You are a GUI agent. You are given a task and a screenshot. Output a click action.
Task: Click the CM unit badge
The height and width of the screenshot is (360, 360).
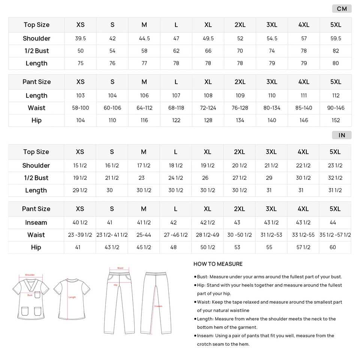pos(342,9)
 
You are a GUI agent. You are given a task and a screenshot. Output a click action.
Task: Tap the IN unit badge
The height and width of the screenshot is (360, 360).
pos(342,135)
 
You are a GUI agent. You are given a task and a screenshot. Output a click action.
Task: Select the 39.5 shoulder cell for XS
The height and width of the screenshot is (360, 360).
pos(81,39)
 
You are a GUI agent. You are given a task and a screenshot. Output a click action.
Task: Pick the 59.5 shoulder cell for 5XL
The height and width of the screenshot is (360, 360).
pos(336,39)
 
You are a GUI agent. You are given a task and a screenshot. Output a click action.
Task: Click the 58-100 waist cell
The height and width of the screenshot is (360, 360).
pos(81,108)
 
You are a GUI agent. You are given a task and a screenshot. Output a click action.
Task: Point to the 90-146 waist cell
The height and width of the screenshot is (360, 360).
pos(336,108)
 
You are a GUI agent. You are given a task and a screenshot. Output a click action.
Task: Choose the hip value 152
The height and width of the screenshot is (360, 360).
pos(336,120)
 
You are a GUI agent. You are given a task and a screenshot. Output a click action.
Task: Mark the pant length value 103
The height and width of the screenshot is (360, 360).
pos(81,96)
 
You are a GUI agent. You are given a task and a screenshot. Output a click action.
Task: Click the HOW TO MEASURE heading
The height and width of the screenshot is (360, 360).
pos(218,264)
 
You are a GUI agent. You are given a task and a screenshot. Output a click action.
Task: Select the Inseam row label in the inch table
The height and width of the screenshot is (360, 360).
pos(36,223)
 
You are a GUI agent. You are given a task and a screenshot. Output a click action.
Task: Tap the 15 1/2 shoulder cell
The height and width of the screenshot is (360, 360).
pos(80,166)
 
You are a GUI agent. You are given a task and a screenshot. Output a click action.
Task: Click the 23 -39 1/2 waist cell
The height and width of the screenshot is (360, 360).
pos(80,235)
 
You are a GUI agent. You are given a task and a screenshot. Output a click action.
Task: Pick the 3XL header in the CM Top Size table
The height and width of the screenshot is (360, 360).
pos(272,25)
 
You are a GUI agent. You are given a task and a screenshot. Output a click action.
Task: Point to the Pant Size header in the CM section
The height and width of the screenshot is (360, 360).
pos(36,82)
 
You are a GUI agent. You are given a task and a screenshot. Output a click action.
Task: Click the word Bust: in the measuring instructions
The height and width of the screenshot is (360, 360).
pos(203,277)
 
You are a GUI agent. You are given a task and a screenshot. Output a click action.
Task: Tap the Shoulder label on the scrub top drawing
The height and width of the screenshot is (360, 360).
pos(30,275)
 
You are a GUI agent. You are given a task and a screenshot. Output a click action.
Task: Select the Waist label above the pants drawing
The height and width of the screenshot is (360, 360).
pos(120,268)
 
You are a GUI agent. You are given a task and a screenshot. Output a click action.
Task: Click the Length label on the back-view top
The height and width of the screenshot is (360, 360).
pos(72,297)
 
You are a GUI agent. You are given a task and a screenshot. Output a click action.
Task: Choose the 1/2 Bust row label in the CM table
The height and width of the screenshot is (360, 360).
pos(36,51)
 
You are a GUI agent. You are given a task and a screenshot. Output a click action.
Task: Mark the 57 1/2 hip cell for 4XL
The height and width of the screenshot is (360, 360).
pos(303,247)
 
